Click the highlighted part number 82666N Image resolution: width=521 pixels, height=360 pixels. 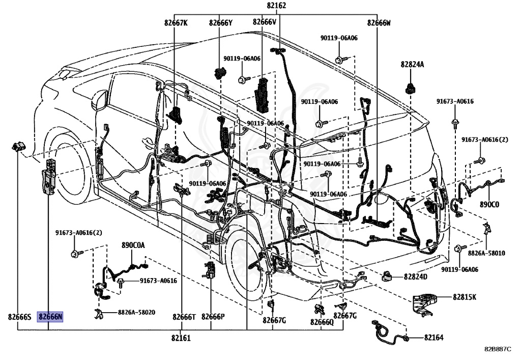pos(50,317)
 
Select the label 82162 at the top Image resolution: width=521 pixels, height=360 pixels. pos(276,6)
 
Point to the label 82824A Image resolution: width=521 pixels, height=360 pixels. pos(412,65)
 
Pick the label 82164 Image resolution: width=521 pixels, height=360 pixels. pos(434,338)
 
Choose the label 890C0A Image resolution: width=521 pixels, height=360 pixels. pos(133,245)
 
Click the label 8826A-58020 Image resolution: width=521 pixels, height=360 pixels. pos(136,312)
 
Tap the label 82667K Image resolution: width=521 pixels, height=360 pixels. pos(176,22)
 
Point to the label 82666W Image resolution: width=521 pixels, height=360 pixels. pos(380,22)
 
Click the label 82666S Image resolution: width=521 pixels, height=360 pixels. pos(20,317)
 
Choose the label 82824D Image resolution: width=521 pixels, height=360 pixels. pos(416,277)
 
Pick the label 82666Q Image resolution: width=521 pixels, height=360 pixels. pos(322,322)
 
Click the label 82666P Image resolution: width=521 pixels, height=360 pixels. pos(213,317)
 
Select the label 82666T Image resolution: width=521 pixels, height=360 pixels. pos(184,317)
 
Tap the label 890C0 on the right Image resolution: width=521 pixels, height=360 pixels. pos(489,204)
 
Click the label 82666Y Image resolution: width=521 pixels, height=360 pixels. pos(220,22)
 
